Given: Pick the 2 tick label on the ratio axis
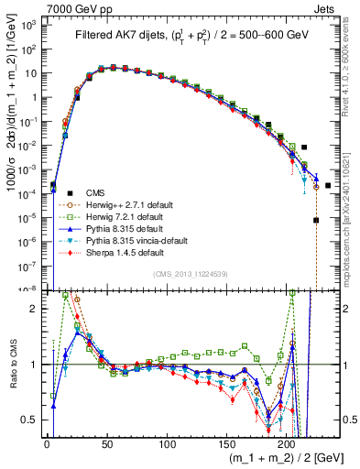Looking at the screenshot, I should coord(37,309).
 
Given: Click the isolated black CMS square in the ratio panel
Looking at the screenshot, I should coord(328,365).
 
